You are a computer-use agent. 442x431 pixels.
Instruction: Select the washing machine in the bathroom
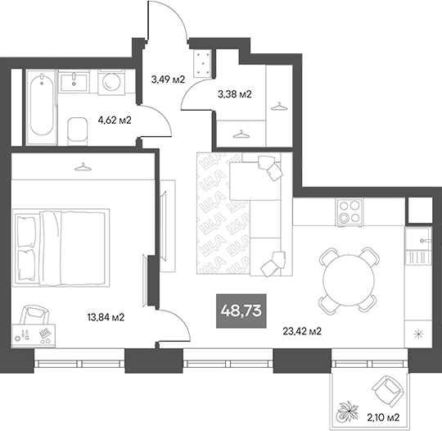pyautogui.click(x=110, y=82)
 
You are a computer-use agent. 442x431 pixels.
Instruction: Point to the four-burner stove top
pyautogui.click(x=351, y=213)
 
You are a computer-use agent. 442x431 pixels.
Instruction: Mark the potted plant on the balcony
pyautogui.click(x=350, y=406)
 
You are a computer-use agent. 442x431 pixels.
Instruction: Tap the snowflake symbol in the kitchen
pyautogui.click(x=419, y=333)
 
